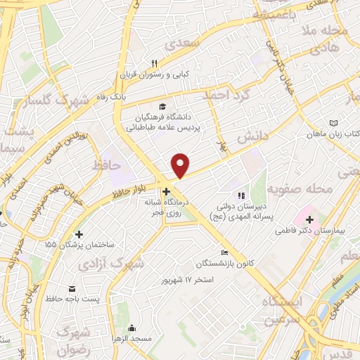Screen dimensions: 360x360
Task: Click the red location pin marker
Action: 181,165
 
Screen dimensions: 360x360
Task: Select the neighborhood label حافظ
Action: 106,166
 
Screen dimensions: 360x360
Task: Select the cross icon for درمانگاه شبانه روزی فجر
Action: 166,191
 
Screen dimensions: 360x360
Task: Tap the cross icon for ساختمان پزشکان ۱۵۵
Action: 79,234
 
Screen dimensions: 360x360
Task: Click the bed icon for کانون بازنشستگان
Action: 224,253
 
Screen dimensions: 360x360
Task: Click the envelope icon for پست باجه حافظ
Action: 72,289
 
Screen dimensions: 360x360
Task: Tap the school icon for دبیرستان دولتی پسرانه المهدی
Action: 240,196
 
